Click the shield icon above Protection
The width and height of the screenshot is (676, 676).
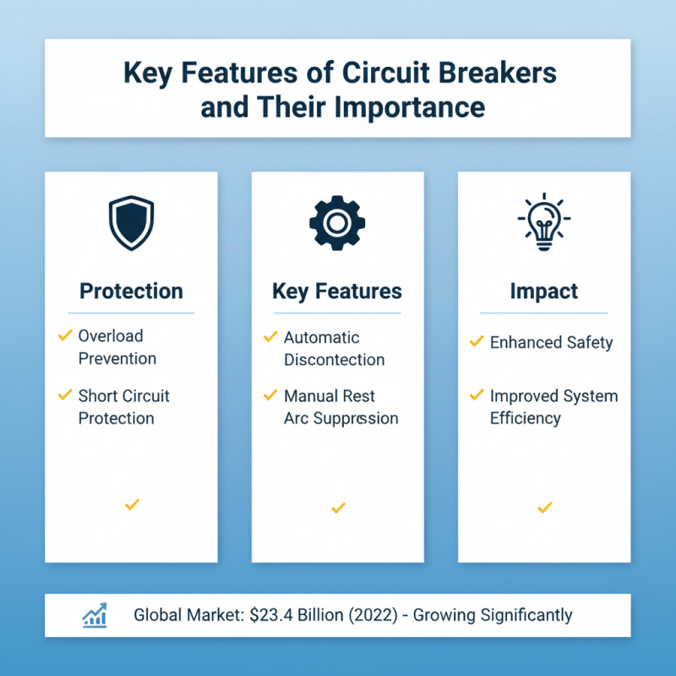tap(131, 223)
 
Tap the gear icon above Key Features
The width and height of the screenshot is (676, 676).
tap(337, 223)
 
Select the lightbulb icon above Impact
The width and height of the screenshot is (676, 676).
tap(543, 222)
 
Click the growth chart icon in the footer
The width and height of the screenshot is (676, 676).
tap(95, 615)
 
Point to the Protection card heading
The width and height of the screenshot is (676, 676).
tap(131, 292)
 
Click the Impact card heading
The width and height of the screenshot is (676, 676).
tap(544, 292)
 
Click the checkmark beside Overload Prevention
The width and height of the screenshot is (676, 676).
tap(64, 336)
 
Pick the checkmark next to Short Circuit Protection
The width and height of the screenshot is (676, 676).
tap(64, 395)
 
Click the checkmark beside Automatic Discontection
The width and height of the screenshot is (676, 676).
tap(270, 337)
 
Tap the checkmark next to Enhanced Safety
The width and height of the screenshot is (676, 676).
tap(477, 342)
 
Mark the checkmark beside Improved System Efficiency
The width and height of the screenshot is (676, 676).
tap(477, 395)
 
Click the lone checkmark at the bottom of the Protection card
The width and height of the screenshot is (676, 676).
tap(131, 504)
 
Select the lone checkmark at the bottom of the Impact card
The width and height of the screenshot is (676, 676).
tap(544, 507)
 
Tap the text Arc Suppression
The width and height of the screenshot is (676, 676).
tap(341, 418)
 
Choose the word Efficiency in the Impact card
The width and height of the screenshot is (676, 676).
tap(525, 418)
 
